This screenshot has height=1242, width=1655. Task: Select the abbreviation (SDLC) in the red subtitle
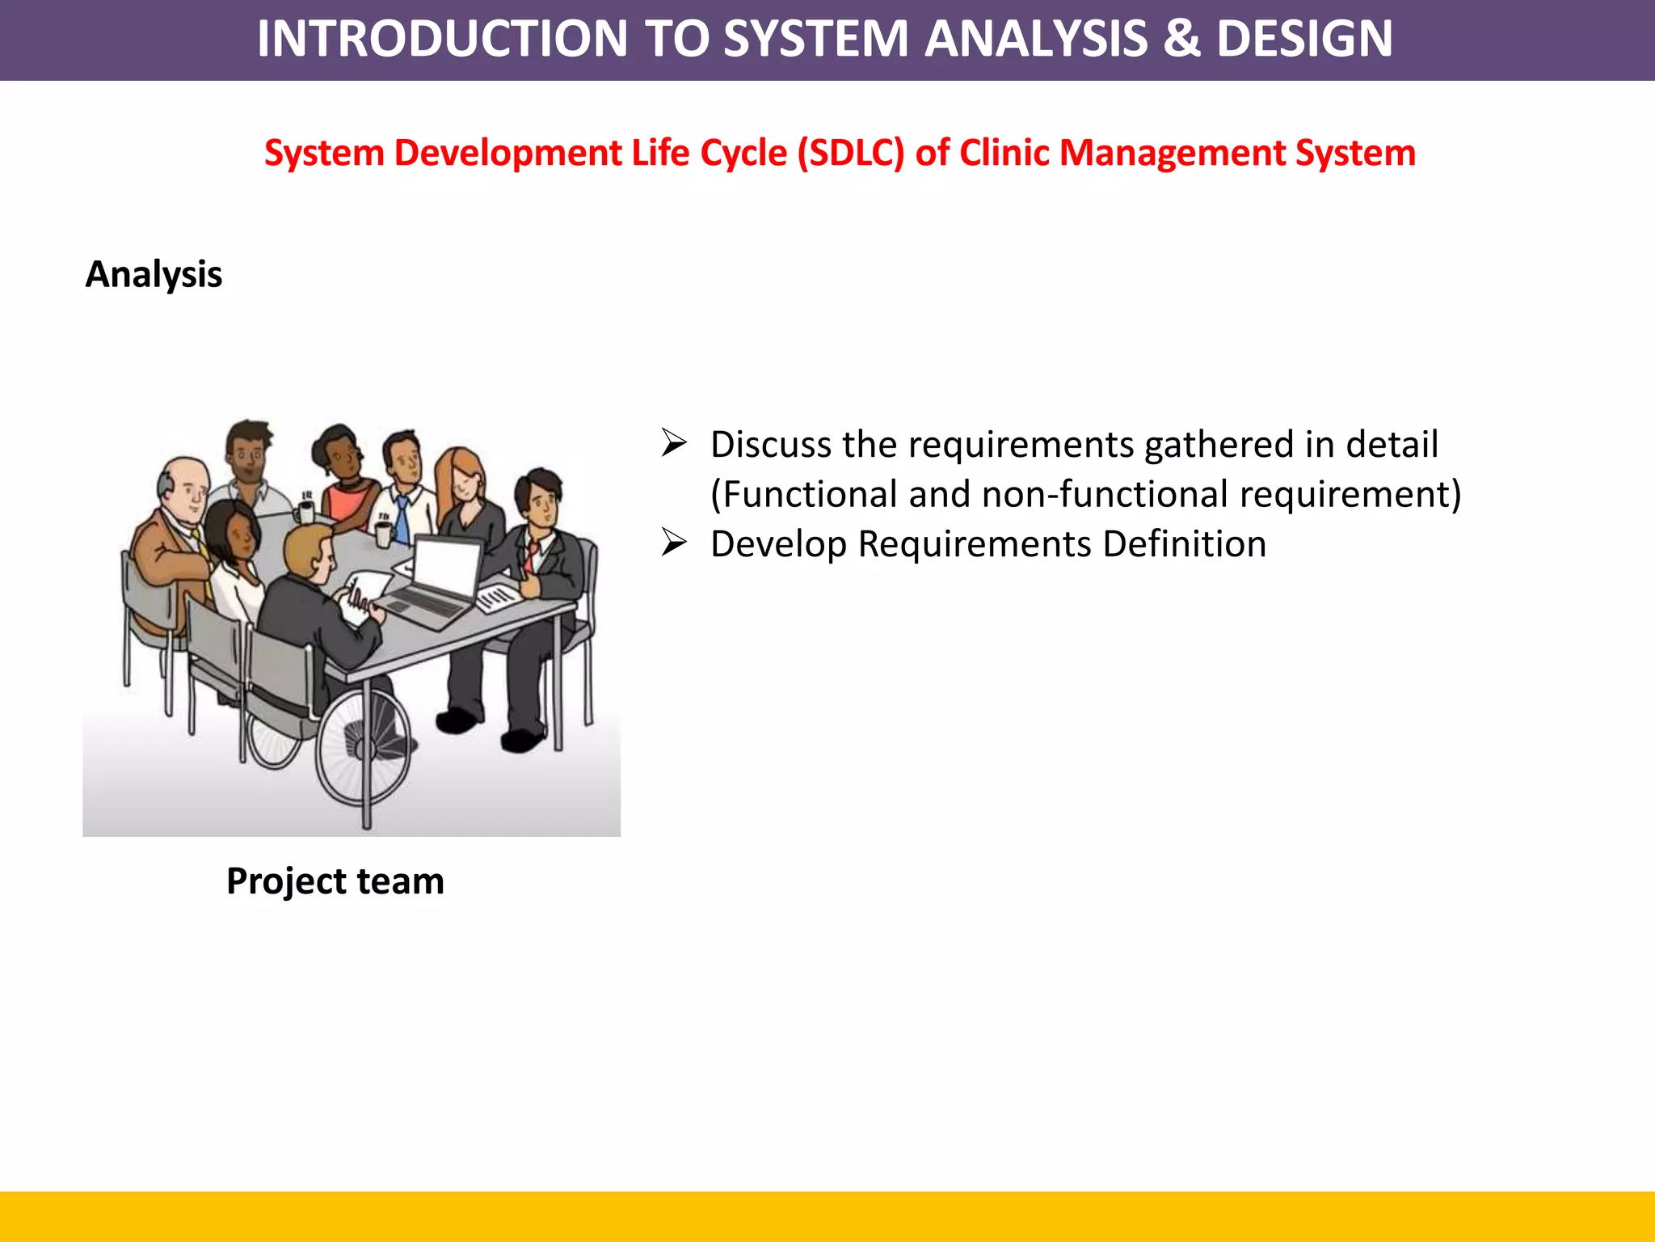point(850,153)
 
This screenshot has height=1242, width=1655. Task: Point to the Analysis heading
point(154,274)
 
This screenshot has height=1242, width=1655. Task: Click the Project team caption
point(335,881)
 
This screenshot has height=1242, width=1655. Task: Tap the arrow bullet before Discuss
point(674,443)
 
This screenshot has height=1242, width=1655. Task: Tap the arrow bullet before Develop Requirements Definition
point(674,543)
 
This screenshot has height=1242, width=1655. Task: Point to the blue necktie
point(402,517)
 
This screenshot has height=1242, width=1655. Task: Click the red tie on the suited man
point(532,553)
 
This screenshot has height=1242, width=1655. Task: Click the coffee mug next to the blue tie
point(384,534)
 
